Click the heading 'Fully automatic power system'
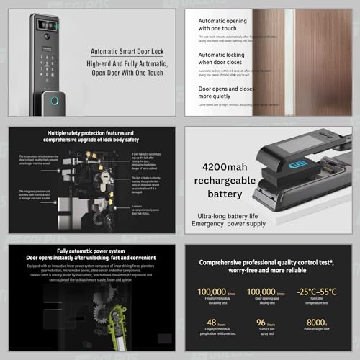tap(68, 252)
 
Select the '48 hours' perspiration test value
tap(213, 323)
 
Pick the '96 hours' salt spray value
tap(266, 323)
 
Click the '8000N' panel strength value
tap(315, 323)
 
